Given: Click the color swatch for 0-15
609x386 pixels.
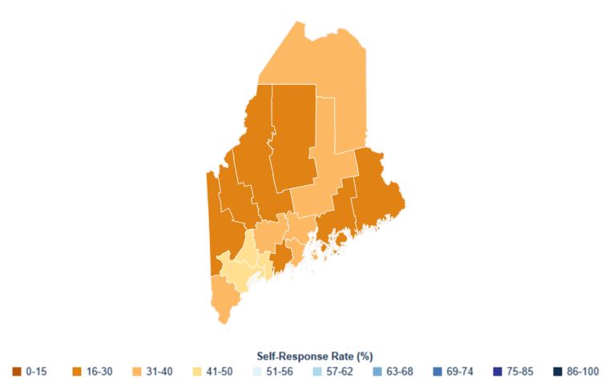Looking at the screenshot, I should [x=17, y=371].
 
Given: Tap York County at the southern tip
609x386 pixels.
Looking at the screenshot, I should [x=222, y=296].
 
